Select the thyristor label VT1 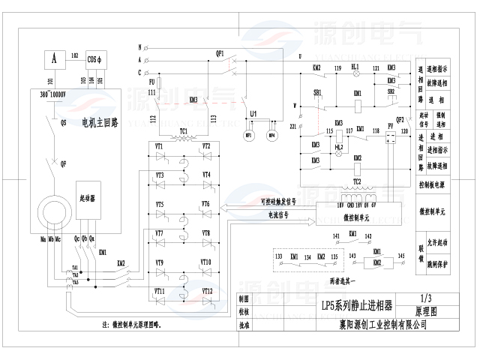(159, 145)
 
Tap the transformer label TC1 (184, 130)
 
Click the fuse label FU (152, 82)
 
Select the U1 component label (254, 113)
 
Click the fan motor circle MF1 (250, 136)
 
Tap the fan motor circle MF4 (271, 136)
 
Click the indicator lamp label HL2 (339, 146)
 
